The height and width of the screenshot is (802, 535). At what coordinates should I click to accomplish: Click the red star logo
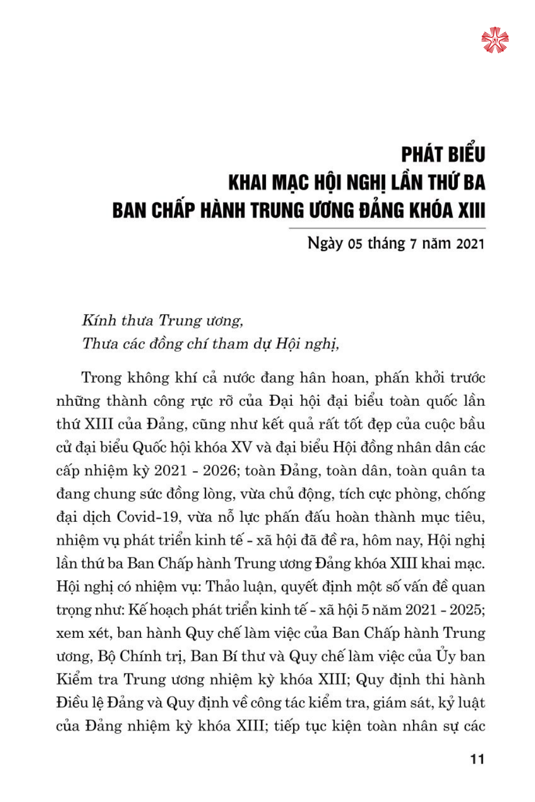[x=495, y=40]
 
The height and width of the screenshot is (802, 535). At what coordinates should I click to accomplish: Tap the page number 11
[x=477, y=759]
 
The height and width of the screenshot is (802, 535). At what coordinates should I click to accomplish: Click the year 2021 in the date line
[x=471, y=244]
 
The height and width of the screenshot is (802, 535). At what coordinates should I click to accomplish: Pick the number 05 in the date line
[x=355, y=244]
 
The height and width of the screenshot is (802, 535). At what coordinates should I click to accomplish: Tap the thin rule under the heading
[x=387, y=228]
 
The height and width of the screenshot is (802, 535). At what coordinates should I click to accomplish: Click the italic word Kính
[x=99, y=320]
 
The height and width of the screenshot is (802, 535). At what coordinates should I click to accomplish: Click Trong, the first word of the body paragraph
[x=102, y=378]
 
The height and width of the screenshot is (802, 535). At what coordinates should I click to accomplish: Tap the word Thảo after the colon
[x=224, y=587]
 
